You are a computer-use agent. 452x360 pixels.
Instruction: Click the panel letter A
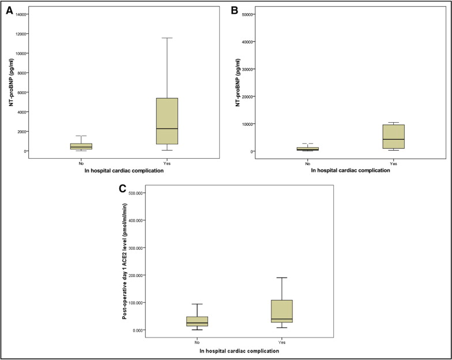tap(10, 10)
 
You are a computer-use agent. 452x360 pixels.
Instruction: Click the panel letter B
tap(235, 10)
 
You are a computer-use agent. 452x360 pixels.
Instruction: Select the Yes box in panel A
tap(167, 121)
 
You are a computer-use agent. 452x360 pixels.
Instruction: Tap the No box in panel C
tap(197, 321)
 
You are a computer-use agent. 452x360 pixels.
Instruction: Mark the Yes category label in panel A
tap(167, 163)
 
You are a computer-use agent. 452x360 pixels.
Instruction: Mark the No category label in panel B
tap(307, 163)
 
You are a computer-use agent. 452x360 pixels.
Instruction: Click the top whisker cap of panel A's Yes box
tap(167, 38)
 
